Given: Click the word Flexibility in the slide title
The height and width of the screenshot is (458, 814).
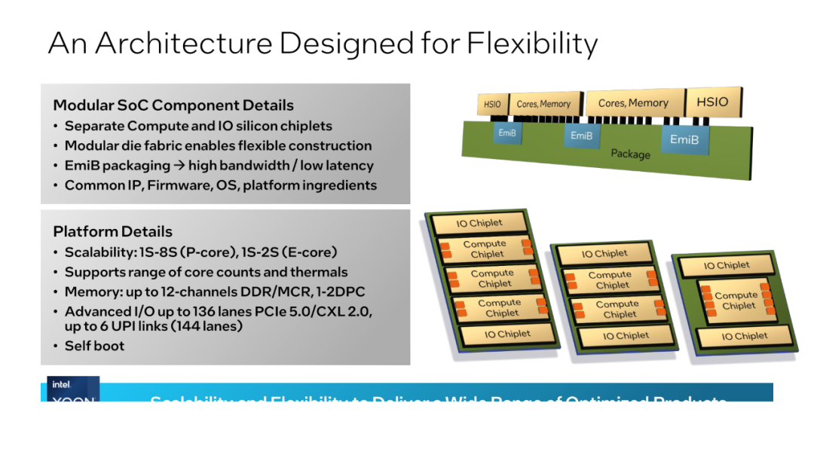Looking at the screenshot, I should [x=532, y=43].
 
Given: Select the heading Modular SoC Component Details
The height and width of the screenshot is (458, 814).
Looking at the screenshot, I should [x=173, y=105].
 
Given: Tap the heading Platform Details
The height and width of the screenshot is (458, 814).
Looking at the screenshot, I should [x=113, y=231].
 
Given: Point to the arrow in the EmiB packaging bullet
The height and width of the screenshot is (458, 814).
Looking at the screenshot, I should [x=179, y=166].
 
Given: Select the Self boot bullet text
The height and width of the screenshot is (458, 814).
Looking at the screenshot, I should [x=94, y=346].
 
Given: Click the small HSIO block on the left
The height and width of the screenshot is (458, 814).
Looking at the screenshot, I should [x=492, y=105].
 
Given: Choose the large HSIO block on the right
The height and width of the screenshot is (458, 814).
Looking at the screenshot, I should [x=712, y=102].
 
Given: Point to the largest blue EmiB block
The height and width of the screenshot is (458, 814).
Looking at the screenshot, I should [x=684, y=140].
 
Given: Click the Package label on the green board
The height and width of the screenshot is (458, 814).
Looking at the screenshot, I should [x=630, y=154].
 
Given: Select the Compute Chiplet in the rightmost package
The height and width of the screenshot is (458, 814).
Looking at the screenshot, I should [x=735, y=301].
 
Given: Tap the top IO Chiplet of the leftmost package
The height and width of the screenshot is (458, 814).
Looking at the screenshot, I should [x=479, y=224].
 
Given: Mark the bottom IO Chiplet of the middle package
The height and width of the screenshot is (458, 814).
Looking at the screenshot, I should [x=626, y=336].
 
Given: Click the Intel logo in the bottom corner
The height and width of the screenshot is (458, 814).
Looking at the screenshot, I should [x=62, y=385].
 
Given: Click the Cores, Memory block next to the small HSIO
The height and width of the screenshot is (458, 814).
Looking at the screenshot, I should [x=543, y=104].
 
